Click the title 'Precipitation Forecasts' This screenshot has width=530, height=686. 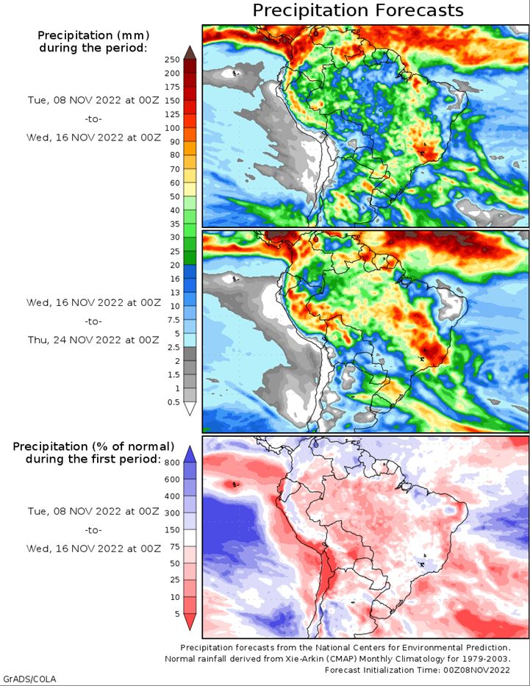[x=358, y=10]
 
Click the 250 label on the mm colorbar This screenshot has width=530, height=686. [x=172, y=60]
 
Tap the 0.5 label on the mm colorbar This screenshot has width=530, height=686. [x=173, y=402]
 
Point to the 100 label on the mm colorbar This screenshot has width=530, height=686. [x=172, y=128]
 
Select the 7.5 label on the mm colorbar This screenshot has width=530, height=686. [x=173, y=320]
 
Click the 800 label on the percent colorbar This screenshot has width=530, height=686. [x=172, y=463]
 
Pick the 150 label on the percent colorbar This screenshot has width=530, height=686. [x=172, y=530]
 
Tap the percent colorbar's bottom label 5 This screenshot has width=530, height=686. [x=177, y=614]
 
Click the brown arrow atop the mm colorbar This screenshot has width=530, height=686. [x=190, y=53]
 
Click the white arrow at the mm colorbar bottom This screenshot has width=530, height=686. [x=190, y=409]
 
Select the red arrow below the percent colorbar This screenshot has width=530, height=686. [x=190, y=622]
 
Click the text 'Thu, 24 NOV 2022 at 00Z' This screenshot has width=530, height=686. [x=93, y=340]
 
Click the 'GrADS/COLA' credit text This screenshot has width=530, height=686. [x=29, y=679]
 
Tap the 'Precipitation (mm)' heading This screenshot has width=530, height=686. [x=93, y=35]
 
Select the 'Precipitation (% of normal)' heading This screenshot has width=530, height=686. [x=93, y=447]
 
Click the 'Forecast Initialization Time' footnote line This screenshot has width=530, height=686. [x=418, y=670]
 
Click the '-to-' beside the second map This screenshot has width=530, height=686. [x=93, y=321]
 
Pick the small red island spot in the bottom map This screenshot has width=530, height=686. [x=234, y=485]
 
